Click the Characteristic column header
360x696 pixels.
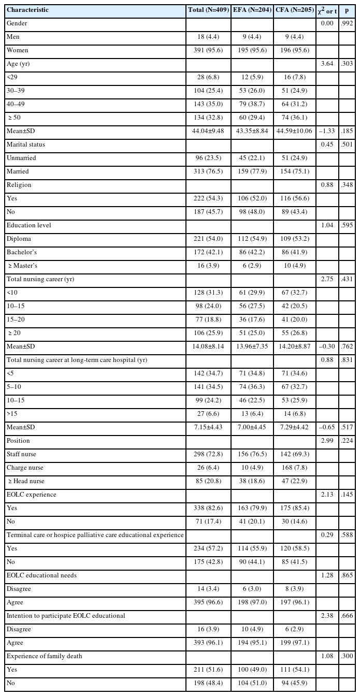[x=27, y=10]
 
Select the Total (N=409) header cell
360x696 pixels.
[x=209, y=10]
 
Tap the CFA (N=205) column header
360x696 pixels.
[x=294, y=10]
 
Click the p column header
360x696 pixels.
[x=347, y=10]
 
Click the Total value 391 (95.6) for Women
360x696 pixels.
[x=209, y=50]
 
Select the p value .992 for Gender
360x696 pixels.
[x=347, y=23]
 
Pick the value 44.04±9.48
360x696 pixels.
[x=209, y=131]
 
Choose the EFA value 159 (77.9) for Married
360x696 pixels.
[x=251, y=171]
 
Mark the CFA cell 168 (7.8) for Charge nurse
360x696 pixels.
[x=294, y=468]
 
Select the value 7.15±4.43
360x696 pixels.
[x=209, y=427]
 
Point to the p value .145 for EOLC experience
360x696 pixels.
[x=347, y=495]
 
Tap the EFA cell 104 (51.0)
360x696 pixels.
[x=251, y=683]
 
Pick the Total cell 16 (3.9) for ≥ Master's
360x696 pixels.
[x=209, y=266]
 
